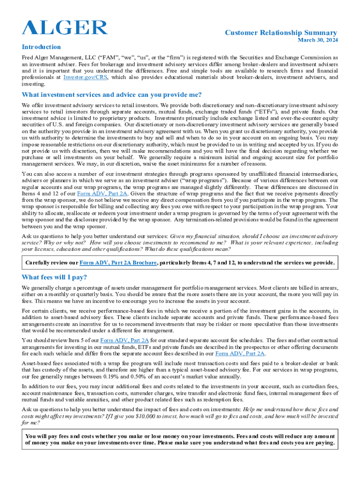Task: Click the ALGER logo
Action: click(65, 28)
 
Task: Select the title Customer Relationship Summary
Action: click(281, 33)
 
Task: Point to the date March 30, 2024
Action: click(317, 41)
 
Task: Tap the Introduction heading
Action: click(41, 47)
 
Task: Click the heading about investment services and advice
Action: click(112, 95)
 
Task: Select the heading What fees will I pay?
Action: click(54, 277)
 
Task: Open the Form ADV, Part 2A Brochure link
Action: click(118, 262)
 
